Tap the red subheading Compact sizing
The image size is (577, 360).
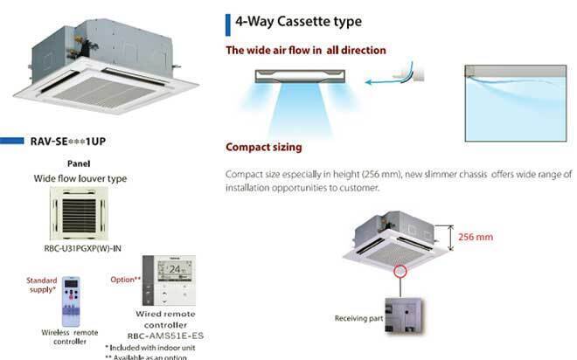click(263, 147)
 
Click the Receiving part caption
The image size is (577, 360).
click(358, 318)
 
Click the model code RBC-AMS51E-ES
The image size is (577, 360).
click(165, 335)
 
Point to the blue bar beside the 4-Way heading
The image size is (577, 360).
click(228, 20)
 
